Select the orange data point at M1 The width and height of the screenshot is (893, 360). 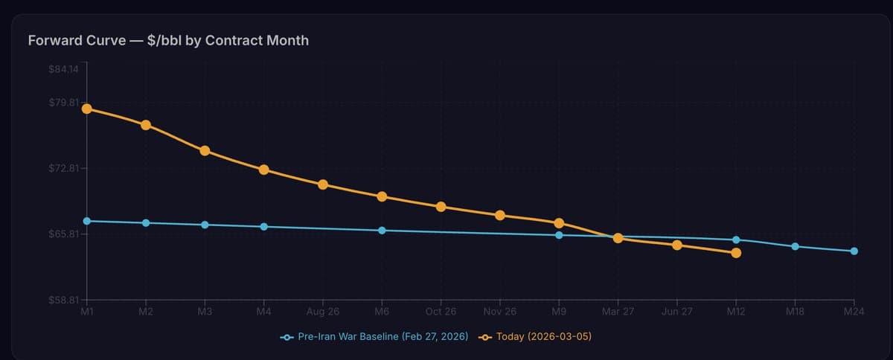(87, 109)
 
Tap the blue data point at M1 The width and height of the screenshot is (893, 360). (87, 221)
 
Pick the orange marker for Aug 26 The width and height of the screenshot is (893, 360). (323, 184)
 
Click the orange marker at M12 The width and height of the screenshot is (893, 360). (736, 253)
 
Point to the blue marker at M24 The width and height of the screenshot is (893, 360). (854, 251)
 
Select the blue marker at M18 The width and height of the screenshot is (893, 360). (795, 246)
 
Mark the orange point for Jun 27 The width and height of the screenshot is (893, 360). (677, 245)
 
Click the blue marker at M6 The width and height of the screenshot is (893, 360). (382, 231)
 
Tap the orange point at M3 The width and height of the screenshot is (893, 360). (205, 151)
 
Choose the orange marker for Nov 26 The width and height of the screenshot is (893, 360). (500, 215)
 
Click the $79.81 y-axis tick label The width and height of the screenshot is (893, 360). (63, 103)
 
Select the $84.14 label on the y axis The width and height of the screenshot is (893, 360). (63, 69)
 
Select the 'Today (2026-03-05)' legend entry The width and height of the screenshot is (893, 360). (536, 337)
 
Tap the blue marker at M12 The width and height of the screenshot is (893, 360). (736, 240)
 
